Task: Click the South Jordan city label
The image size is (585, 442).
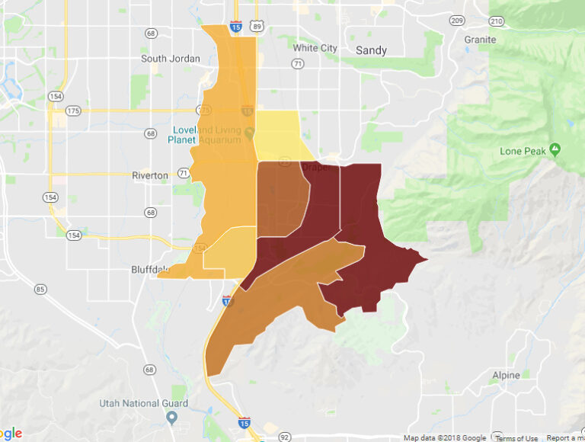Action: click(171, 59)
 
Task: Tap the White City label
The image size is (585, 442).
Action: click(315, 48)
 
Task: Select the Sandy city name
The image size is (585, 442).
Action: click(371, 50)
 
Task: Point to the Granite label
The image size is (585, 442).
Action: click(480, 40)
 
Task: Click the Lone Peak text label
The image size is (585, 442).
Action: click(522, 151)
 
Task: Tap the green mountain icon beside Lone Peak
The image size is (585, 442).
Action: click(555, 149)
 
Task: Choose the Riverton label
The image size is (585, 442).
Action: click(150, 175)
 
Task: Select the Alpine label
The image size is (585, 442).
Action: click(506, 375)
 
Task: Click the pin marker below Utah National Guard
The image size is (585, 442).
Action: click(171, 418)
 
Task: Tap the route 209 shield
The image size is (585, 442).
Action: click(457, 20)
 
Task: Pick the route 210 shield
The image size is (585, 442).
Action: click(497, 20)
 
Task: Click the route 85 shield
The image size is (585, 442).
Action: click(40, 289)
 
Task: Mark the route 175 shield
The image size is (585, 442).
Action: click(72, 111)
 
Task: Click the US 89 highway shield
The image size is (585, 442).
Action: click(257, 27)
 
